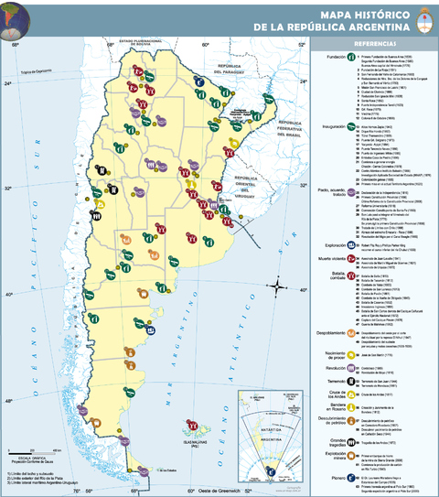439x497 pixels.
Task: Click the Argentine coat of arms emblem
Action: pos(422,19)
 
